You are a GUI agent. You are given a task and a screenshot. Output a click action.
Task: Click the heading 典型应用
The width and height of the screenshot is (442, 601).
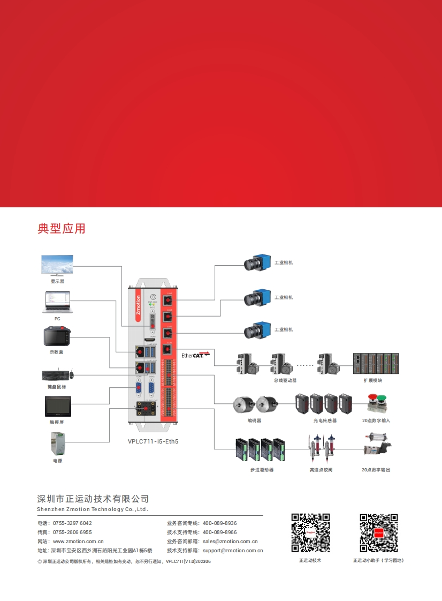pos(62,228)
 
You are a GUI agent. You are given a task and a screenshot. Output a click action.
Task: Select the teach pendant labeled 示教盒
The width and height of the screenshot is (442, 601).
pos(57,337)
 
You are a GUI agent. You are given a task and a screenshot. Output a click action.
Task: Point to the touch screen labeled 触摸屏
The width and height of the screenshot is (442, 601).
pos(58,406)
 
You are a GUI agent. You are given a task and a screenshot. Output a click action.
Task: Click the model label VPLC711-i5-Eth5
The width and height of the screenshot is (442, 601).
pos(153,442)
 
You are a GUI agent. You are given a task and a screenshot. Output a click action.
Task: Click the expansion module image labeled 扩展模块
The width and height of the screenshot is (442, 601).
pos(376,364)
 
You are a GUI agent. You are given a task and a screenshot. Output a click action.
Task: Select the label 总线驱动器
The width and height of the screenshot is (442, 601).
pos(285,380)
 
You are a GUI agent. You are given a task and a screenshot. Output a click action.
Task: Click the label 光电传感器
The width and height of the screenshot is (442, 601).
pos(325,420)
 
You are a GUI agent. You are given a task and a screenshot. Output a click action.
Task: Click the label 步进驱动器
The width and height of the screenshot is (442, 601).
pos(262,470)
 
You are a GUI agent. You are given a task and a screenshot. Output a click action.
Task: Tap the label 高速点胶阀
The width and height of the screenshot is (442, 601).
pos(321,470)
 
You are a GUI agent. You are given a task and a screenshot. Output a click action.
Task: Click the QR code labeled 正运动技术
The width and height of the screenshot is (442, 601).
pos(310,533)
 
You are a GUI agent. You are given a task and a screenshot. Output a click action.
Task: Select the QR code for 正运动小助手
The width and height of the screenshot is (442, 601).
pos(379,533)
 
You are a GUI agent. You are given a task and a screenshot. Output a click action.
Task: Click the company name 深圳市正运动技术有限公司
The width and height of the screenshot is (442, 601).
pos(93,499)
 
